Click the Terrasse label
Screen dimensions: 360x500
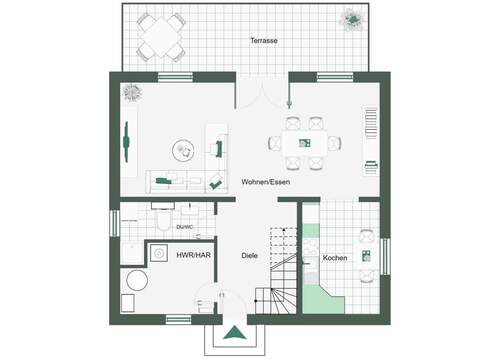[x=263, y=40]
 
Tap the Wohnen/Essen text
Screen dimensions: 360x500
[x=265, y=182]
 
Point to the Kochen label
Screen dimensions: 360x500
[x=335, y=259]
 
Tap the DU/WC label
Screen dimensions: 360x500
[x=184, y=227]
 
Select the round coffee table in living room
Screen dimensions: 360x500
[x=184, y=151]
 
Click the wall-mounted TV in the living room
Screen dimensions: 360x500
[x=127, y=142]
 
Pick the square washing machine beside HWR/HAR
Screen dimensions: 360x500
[x=159, y=254]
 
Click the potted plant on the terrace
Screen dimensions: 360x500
[x=353, y=19]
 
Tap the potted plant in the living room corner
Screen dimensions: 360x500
[x=131, y=91]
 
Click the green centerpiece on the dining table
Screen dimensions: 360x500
[x=304, y=142]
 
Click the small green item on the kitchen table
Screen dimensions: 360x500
[x=367, y=253]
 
